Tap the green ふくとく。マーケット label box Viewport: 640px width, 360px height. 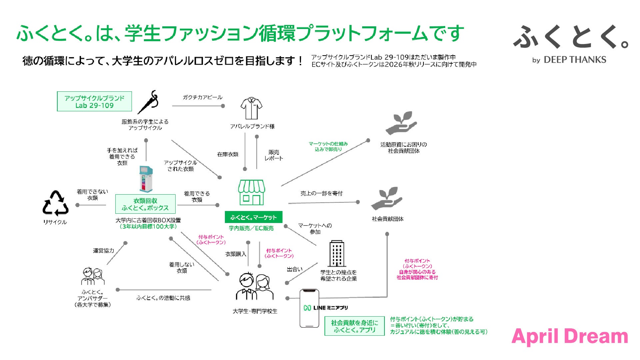point(254,217)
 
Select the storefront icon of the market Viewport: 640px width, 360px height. point(252,192)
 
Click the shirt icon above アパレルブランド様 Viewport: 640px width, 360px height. point(252,108)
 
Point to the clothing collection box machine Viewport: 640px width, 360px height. point(146,179)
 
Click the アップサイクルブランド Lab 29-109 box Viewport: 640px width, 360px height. point(95,102)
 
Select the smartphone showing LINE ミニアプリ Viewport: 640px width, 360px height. point(310,308)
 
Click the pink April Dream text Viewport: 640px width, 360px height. point(570,336)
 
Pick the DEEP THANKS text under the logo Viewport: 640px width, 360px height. point(575,60)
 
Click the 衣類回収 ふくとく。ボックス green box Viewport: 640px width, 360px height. point(145,204)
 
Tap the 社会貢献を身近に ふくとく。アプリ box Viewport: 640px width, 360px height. point(354,326)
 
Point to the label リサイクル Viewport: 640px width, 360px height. point(55,222)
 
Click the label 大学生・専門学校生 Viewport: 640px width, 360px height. point(255,311)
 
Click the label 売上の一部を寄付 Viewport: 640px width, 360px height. point(321,193)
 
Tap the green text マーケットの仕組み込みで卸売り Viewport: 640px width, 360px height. point(328,146)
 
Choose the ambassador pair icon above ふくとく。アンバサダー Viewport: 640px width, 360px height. point(93,276)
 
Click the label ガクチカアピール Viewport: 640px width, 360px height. point(202,97)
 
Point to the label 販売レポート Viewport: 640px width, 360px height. point(274,155)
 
